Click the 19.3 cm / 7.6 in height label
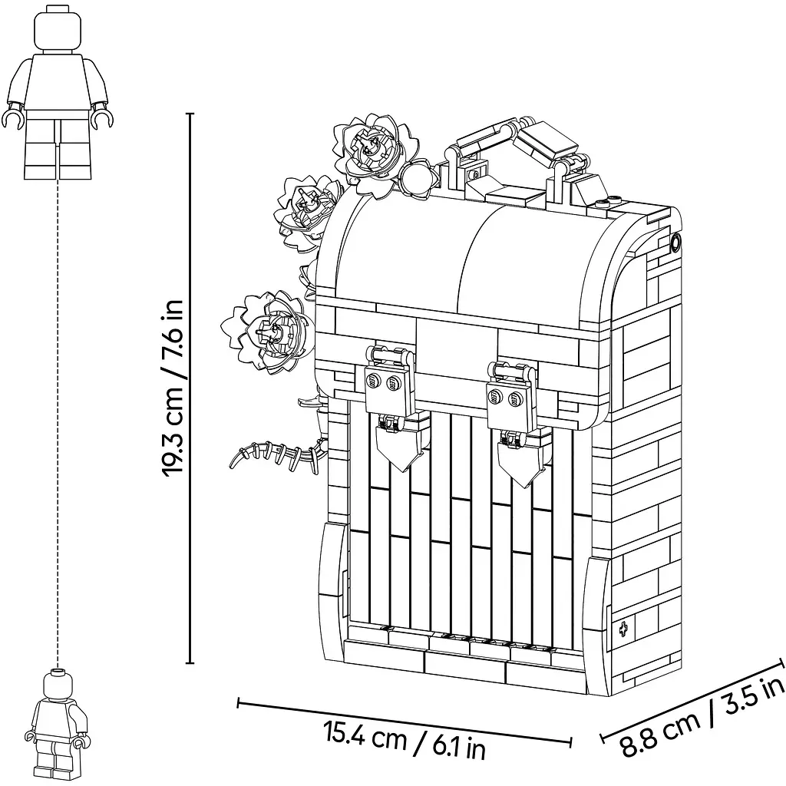[172, 388]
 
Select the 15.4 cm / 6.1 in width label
[405, 740]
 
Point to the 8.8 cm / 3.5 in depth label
[702, 718]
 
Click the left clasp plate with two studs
[385, 388]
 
